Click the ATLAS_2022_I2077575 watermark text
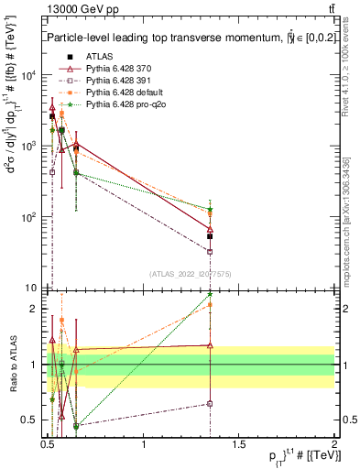pyautogui.click(x=191, y=273)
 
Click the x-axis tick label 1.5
pyautogui.click(x=239, y=444)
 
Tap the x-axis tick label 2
pyautogui.click(x=334, y=444)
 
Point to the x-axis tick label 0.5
pyautogui.click(x=48, y=444)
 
